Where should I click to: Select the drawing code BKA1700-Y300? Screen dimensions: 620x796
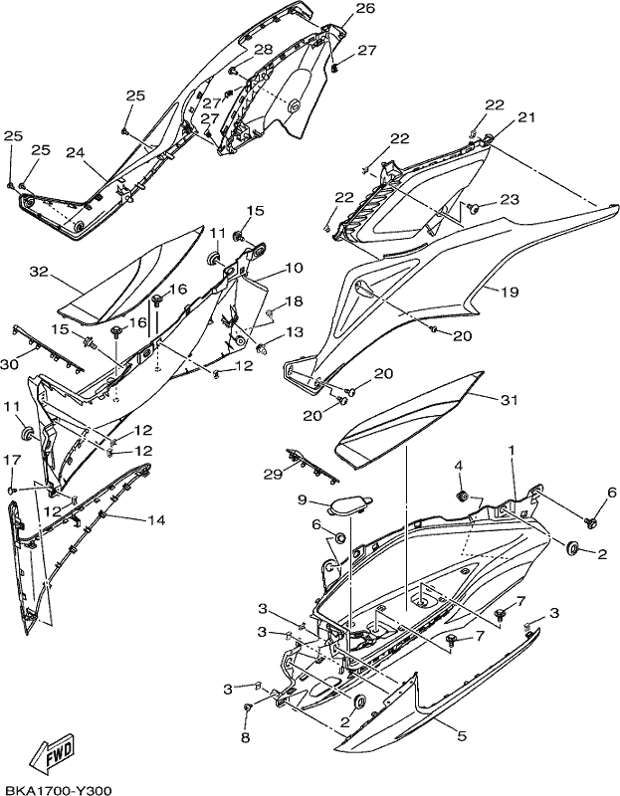(56, 790)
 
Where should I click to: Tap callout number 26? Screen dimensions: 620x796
(365, 8)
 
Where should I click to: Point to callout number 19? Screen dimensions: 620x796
(510, 292)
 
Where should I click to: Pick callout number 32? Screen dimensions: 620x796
(38, 272)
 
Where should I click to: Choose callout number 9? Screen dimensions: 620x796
(303, 500)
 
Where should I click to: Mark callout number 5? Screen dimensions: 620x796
(462, 735)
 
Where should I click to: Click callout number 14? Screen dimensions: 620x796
(156, 519)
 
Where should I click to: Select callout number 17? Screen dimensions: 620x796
(13, 460)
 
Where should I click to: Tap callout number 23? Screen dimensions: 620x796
(510, 199)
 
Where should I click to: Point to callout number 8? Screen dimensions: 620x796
(245, 737)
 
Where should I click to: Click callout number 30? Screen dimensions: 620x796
(10, 364)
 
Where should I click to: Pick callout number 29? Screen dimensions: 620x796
(273, 475)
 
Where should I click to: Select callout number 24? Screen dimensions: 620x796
(76, 152)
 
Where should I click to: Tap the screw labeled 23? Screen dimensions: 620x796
(474, 208)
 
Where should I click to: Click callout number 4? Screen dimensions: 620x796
(458, 466)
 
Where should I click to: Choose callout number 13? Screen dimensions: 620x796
(294, 331)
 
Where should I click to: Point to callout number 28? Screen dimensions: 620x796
(264, 49)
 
